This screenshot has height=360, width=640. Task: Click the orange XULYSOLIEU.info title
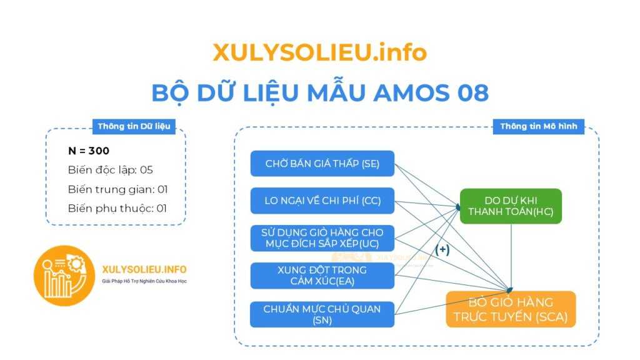coord(319,52)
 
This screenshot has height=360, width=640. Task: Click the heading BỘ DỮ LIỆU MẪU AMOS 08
coord(319,93)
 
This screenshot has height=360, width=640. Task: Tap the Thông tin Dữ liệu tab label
coord(133,126)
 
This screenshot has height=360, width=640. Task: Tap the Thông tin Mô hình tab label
coord(538,126)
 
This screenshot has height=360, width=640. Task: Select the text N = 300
coord(89,151)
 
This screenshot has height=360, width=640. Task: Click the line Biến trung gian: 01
coord(117,189)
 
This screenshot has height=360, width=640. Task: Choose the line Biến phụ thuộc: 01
coord(117,208)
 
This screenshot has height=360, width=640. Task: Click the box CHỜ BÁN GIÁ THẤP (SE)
coord(322,164)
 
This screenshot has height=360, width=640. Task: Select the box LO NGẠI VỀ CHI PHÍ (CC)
coord(322,201)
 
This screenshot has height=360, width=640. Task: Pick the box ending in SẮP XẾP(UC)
coord(322,238)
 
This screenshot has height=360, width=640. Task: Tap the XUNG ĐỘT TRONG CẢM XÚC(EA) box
coord(322,276)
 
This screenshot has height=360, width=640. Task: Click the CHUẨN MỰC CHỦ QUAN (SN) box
coord(322,314)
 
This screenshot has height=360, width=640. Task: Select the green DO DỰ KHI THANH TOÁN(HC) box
coord(511,206)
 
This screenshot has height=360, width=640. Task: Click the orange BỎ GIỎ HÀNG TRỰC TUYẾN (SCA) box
coord(511,309)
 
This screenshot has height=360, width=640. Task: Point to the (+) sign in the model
coord(442,249)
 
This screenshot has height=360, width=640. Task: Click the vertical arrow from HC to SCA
coord(511,256)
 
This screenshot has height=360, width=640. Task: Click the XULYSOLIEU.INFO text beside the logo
coord(144,269)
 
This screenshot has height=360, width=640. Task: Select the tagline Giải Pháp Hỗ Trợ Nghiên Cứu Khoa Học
coord(144,282)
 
